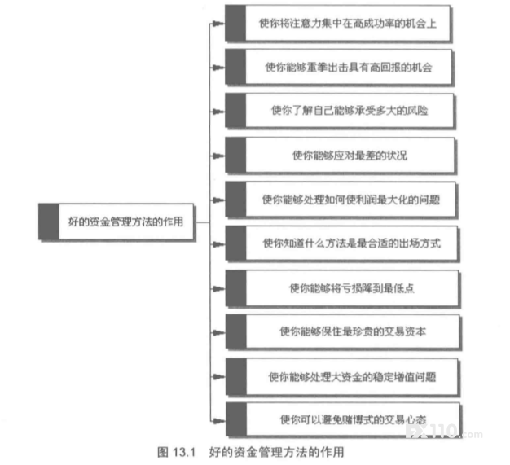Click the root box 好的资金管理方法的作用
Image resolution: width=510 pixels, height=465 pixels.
point(117,222)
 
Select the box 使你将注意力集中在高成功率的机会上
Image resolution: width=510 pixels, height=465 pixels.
point(337,23)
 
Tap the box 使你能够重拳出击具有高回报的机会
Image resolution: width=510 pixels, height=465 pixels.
point(338,67)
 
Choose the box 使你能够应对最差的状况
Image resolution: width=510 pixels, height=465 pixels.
point(340,156)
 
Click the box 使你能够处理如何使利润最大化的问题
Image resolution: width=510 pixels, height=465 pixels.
point(341,200)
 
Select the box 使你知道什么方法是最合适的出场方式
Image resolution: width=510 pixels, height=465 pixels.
point(341,243)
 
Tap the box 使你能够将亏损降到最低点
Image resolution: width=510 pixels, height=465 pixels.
point(342,288)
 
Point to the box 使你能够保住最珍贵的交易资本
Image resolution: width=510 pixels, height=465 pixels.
point(343,331)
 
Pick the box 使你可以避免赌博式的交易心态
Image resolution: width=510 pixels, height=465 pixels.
point(343,419)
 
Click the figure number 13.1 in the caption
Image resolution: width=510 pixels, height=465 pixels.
point(184,452)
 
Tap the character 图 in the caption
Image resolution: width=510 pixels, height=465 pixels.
point(163,452)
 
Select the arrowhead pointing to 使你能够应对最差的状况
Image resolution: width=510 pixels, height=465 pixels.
point(218,156)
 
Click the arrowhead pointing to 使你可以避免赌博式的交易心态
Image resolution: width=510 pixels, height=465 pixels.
point(218,421)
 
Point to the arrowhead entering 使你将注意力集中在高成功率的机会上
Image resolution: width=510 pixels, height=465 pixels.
point(218,23)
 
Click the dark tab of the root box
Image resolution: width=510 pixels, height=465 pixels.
point(49,222)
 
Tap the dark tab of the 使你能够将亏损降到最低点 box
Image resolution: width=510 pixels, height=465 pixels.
point(235,288)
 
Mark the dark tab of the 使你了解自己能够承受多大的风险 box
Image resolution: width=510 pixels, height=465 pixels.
point(235,111)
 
